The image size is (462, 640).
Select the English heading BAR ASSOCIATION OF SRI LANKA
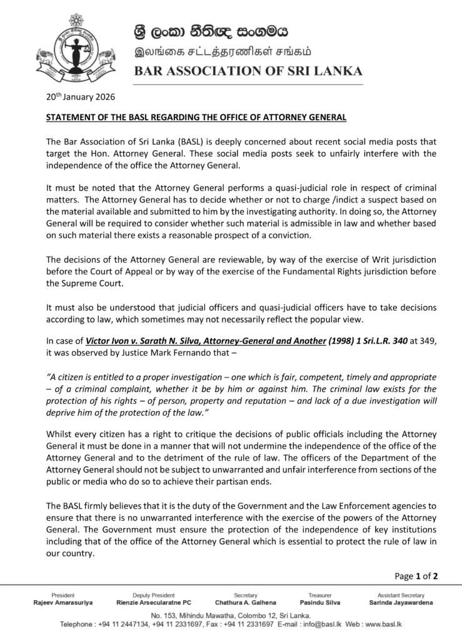[x=248, y=71]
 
